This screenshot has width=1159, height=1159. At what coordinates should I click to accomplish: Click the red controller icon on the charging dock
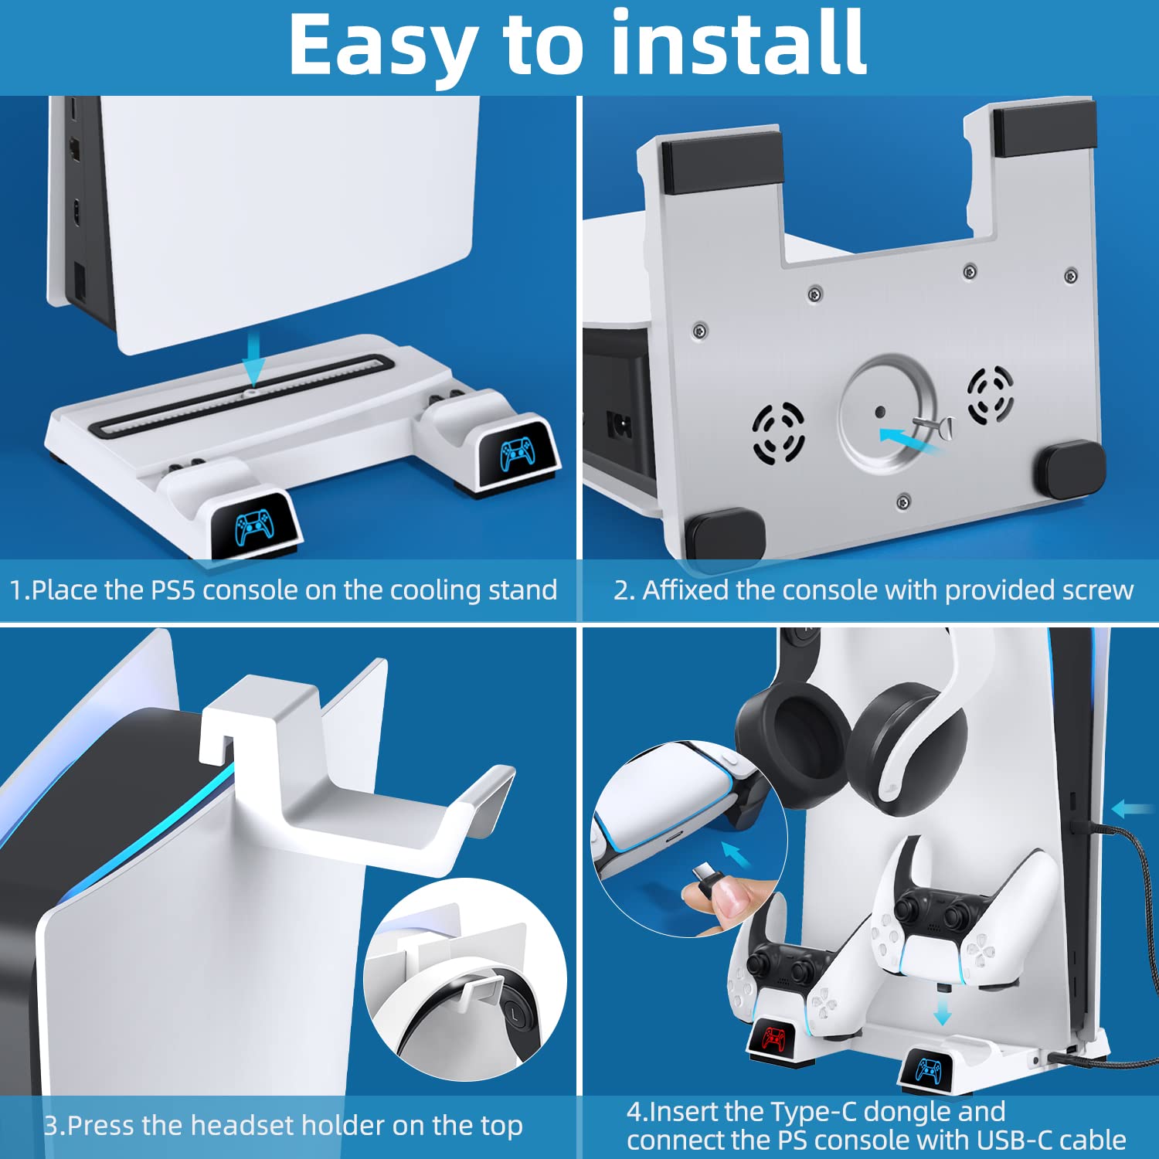pos(773,1038)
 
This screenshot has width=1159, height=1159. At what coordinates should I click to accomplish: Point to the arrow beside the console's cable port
pos(1132,809)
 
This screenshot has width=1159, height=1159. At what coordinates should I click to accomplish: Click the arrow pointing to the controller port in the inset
pos(736,855)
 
